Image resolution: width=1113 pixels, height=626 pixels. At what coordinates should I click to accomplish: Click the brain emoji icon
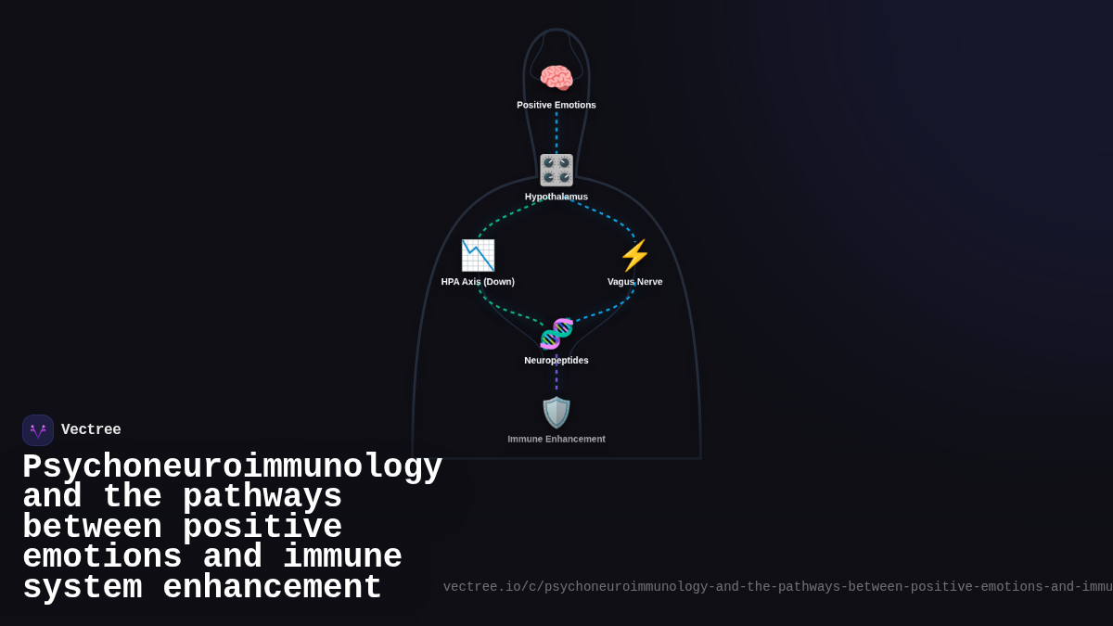click(556, 78)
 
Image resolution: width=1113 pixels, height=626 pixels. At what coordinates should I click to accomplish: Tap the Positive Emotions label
click(556, 105)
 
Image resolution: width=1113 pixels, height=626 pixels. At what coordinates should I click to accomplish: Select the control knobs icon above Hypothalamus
click(556, 171)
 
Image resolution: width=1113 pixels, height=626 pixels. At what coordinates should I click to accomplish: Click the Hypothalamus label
click(556, 197)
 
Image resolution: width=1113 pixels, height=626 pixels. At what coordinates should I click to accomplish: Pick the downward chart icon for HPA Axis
click(478, 255)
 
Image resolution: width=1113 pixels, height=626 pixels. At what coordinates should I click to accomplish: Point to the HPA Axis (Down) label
click(478, 282)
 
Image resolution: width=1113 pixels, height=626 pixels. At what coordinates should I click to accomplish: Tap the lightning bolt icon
click(635, 255)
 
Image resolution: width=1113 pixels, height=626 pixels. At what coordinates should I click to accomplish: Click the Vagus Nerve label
click(635, 282)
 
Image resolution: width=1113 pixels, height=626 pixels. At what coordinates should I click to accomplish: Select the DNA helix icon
click(556, 334)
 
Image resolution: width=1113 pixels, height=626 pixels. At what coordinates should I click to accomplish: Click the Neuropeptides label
click(556, 361)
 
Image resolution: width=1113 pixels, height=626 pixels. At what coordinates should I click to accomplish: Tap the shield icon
click(556, 413)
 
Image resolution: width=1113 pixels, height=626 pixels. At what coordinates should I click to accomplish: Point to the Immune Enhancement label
click(556, 440)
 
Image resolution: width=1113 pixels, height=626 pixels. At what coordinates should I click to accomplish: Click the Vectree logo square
click(38, 430)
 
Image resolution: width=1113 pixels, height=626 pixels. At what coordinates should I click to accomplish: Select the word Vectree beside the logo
click(91, 430)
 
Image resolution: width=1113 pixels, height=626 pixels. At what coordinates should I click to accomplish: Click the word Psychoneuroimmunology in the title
click(232, 467)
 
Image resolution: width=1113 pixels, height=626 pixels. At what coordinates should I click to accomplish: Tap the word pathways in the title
click(262, 498)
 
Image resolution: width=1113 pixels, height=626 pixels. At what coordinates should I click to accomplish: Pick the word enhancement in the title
click(272, 588)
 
